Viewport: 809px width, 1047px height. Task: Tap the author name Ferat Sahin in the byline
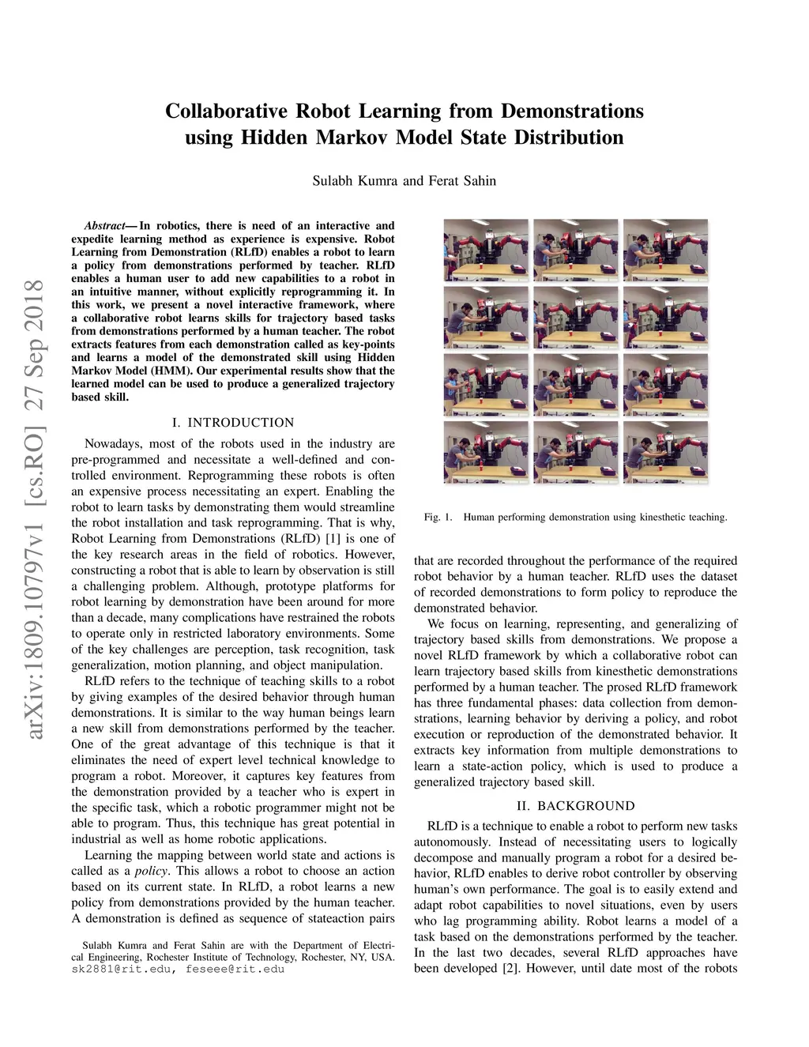tap(462, 181)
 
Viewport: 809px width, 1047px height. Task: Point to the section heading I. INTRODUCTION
tap(232, 423)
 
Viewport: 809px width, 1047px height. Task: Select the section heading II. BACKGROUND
tap(575, 806)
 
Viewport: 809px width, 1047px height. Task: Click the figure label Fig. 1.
tap(438, 518)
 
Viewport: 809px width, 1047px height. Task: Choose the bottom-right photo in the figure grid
tap(665, 452)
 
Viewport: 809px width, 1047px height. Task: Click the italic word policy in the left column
tap(150, 871)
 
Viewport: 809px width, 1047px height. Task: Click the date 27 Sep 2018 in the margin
tap(36, 344)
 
